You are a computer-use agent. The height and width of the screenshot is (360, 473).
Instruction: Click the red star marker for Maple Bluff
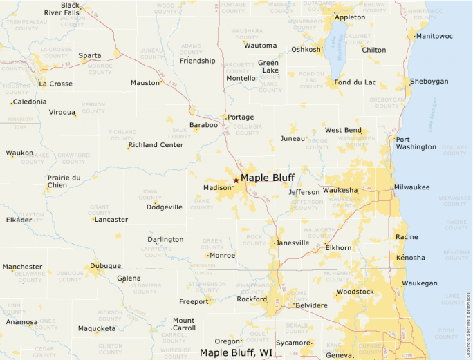[x=236, y=180]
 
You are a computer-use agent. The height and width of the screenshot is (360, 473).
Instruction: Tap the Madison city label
[x=217, y=188]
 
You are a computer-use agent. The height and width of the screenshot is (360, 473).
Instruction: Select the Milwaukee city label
[x=412, y=187]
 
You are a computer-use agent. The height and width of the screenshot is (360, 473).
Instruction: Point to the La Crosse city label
[x=56, y=84]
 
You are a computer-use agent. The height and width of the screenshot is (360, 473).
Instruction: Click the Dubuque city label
[x=106, y=266]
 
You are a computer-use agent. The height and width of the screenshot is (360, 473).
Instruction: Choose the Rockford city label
[x=252, y=299]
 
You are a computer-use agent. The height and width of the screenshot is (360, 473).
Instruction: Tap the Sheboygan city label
[x=429, y=82]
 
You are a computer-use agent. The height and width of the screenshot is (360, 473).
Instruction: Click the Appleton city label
[x=350, y=17]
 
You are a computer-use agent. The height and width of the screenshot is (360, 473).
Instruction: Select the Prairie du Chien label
[x=64, y=181]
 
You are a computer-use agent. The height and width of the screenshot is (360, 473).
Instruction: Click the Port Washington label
[x=416, y=143]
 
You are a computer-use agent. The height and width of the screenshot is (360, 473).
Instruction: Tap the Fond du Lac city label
[x=355, y=83]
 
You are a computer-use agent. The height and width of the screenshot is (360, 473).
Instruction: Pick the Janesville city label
[x=292, y=243]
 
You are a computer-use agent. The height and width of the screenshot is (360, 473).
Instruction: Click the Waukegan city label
[x=420, y=283]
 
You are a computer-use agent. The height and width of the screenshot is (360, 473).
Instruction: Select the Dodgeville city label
[x=165, y=207]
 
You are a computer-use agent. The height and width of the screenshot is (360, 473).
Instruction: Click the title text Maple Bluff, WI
[x=236, y=352]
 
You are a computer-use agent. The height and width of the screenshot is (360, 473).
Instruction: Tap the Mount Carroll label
[x=183, y=324]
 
